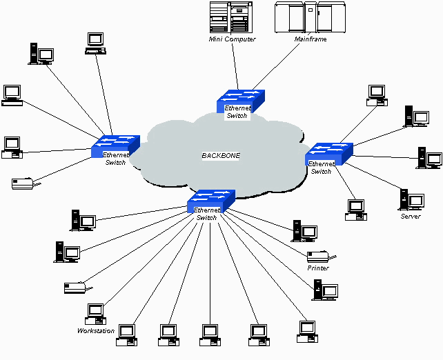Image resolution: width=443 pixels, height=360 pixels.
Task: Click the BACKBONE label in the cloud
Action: pos(221,156)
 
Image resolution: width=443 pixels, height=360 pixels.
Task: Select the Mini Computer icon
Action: pos(229,17)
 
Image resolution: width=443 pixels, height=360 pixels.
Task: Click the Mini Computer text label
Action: pos(232,39)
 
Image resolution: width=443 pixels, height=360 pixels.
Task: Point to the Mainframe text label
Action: pos(311,39)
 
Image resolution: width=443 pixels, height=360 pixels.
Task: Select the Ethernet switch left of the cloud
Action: pos(116,145)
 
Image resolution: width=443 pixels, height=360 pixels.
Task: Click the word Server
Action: pos(411,217)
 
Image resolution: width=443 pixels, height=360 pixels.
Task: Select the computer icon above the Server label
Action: pos(411,200)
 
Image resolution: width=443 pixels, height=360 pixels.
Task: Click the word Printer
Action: pos(319,268)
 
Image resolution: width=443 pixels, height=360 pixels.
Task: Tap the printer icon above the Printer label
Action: pos(317,257)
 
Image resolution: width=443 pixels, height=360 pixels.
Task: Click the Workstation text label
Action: pos(96,331)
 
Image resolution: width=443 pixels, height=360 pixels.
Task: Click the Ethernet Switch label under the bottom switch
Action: pos(207,214)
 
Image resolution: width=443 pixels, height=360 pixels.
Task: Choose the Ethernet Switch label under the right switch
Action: pos(321,168)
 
